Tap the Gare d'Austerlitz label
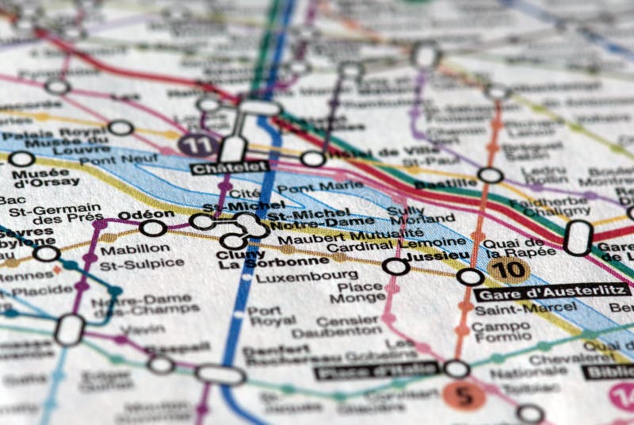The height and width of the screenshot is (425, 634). point(552,291)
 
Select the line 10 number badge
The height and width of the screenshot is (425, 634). point(508,270)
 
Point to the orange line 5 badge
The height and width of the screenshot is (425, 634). point(464,394)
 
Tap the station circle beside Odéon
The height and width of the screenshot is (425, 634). point(152,228)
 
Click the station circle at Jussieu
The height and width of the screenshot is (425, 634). point(395,266)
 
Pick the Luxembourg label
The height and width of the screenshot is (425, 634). point(296,277)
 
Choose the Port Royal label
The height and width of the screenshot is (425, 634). point(264,316)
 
